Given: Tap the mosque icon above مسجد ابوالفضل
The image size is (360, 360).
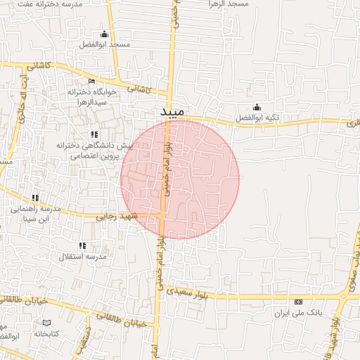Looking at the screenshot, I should click(x=105, y=34).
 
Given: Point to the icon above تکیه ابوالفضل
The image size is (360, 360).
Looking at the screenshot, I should click(x=257, y=108).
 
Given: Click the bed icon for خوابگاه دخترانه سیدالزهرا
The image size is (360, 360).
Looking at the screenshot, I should click(x=91, y=82).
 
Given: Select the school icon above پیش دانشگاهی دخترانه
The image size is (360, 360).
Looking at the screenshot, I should click(x=94, y=134).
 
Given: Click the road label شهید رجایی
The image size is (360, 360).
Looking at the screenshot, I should click(x=115, y=217).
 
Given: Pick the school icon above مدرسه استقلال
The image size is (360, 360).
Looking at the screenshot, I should click(x=83, y=246).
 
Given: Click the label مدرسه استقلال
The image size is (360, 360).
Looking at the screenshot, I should click(x=90, y=257).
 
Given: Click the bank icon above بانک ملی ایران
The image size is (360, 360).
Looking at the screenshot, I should click(x=298, y=302).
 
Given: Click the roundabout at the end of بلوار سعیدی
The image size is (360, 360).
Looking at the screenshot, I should click(x=344, y=296).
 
